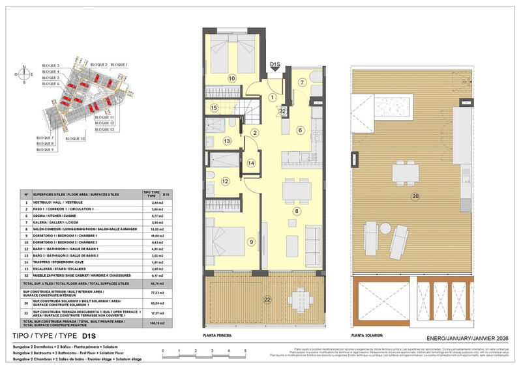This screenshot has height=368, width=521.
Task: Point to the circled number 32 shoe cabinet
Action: (x=283, y=111)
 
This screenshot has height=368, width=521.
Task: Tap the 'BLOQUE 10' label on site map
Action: (x=74, y=139)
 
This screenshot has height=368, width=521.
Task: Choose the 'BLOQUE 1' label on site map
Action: (x=119, y=64)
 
